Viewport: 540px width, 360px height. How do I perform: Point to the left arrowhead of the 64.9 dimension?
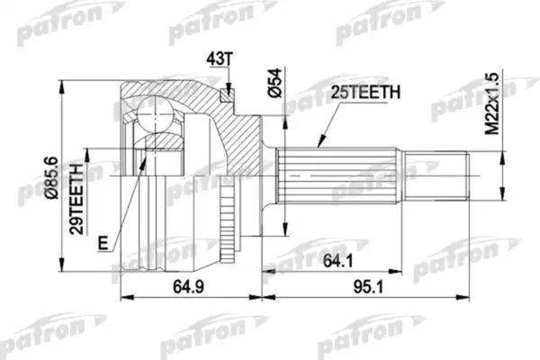pyautogui.click(x=124, y=298)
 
